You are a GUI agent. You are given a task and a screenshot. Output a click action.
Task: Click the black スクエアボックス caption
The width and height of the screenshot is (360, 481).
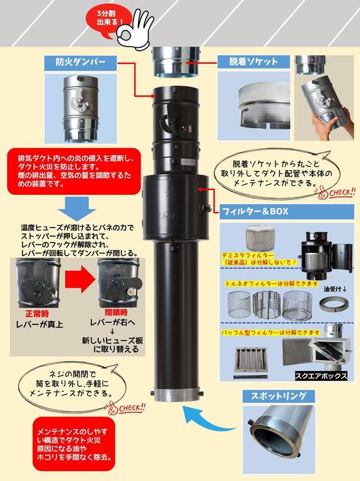tap(321, 376)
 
